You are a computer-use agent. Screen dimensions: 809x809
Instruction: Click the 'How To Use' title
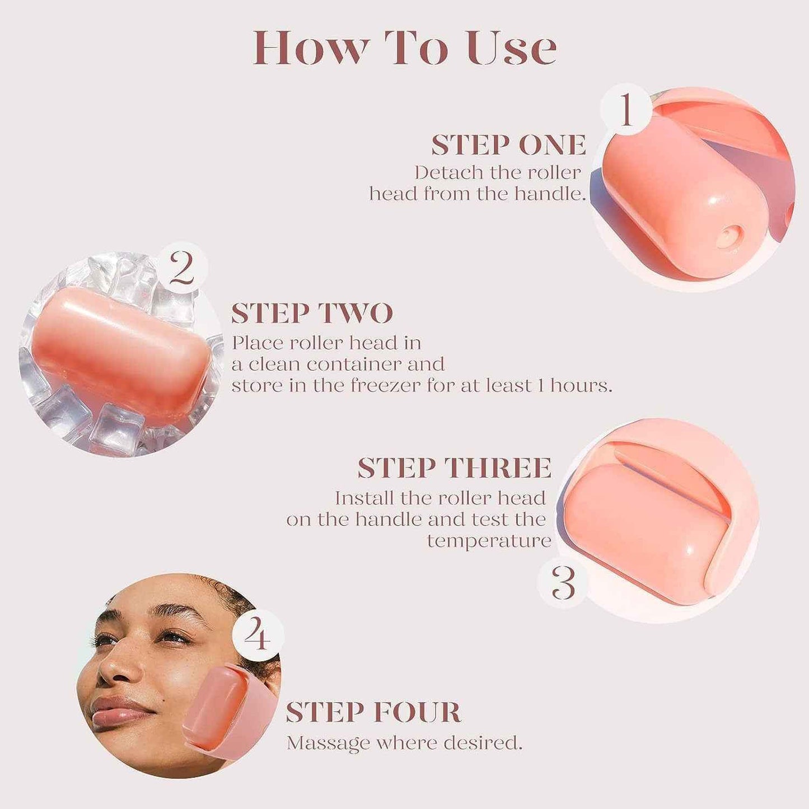(404, 48)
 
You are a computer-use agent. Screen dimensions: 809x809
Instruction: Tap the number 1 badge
(626, 110)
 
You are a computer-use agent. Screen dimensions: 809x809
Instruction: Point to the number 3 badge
(563, 583)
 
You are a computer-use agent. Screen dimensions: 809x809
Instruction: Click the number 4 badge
(258, 635)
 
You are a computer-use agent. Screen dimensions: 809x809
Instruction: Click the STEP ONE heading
(508, 146)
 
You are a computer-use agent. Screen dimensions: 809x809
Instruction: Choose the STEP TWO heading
(312, 314)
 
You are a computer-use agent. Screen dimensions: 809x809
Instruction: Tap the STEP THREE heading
(454, 468)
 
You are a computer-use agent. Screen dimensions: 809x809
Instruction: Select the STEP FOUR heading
(373, 712)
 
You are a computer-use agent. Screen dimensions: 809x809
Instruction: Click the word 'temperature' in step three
(489, 541)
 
